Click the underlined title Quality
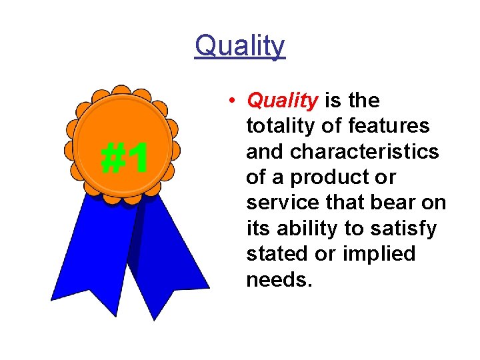(240, 47)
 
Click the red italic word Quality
(282, 101)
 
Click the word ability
(305, 229)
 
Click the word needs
(278, 279)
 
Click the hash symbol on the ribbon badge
(111, 159)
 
